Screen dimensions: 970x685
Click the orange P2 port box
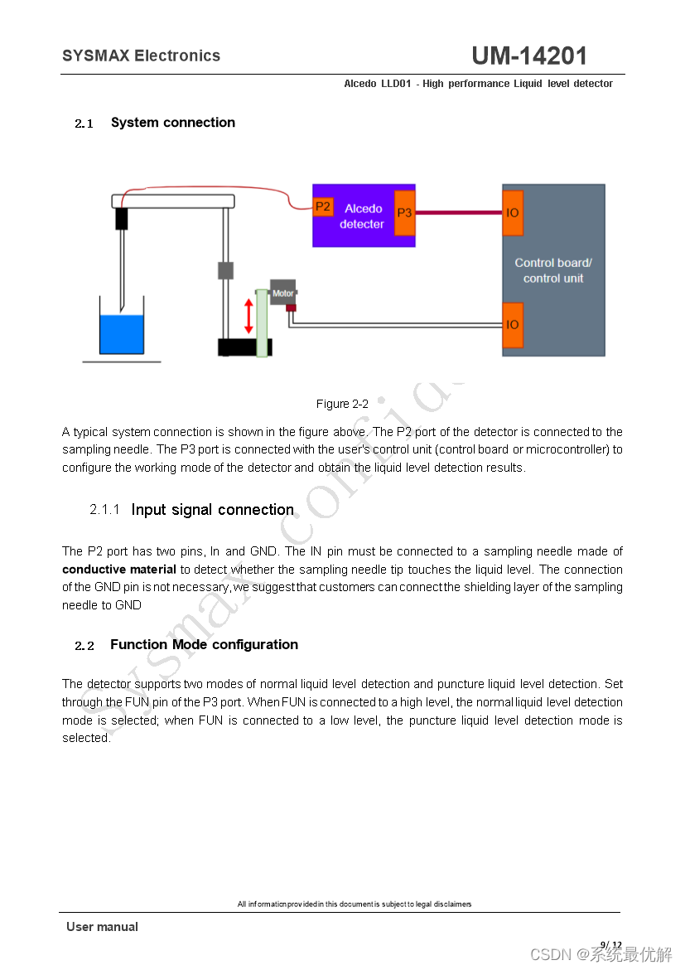(323, 206)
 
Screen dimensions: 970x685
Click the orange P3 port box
(404, 213)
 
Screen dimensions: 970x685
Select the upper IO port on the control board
(513, 213)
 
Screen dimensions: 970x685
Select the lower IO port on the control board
(513, 324)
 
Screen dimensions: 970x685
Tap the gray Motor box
(282, 292)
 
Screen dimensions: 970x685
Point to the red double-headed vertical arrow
(248, 316)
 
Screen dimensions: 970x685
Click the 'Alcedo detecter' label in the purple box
(363, 216)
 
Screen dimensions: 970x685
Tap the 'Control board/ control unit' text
(553, 270)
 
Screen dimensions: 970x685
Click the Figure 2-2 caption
(342, 404)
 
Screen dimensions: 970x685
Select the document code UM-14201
(529, 56)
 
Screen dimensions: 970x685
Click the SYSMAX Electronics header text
(141, 56)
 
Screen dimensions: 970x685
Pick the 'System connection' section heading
(172, 123)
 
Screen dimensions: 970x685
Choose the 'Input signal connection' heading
(212, 509)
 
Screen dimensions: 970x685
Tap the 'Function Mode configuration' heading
(204, 644)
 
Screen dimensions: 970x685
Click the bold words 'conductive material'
(119, 570)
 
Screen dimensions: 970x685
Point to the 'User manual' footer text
(102, 927)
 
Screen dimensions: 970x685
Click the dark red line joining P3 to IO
(458, 213)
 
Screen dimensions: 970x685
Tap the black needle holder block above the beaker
(122, 218)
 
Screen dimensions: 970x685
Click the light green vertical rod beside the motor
(262, 323)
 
